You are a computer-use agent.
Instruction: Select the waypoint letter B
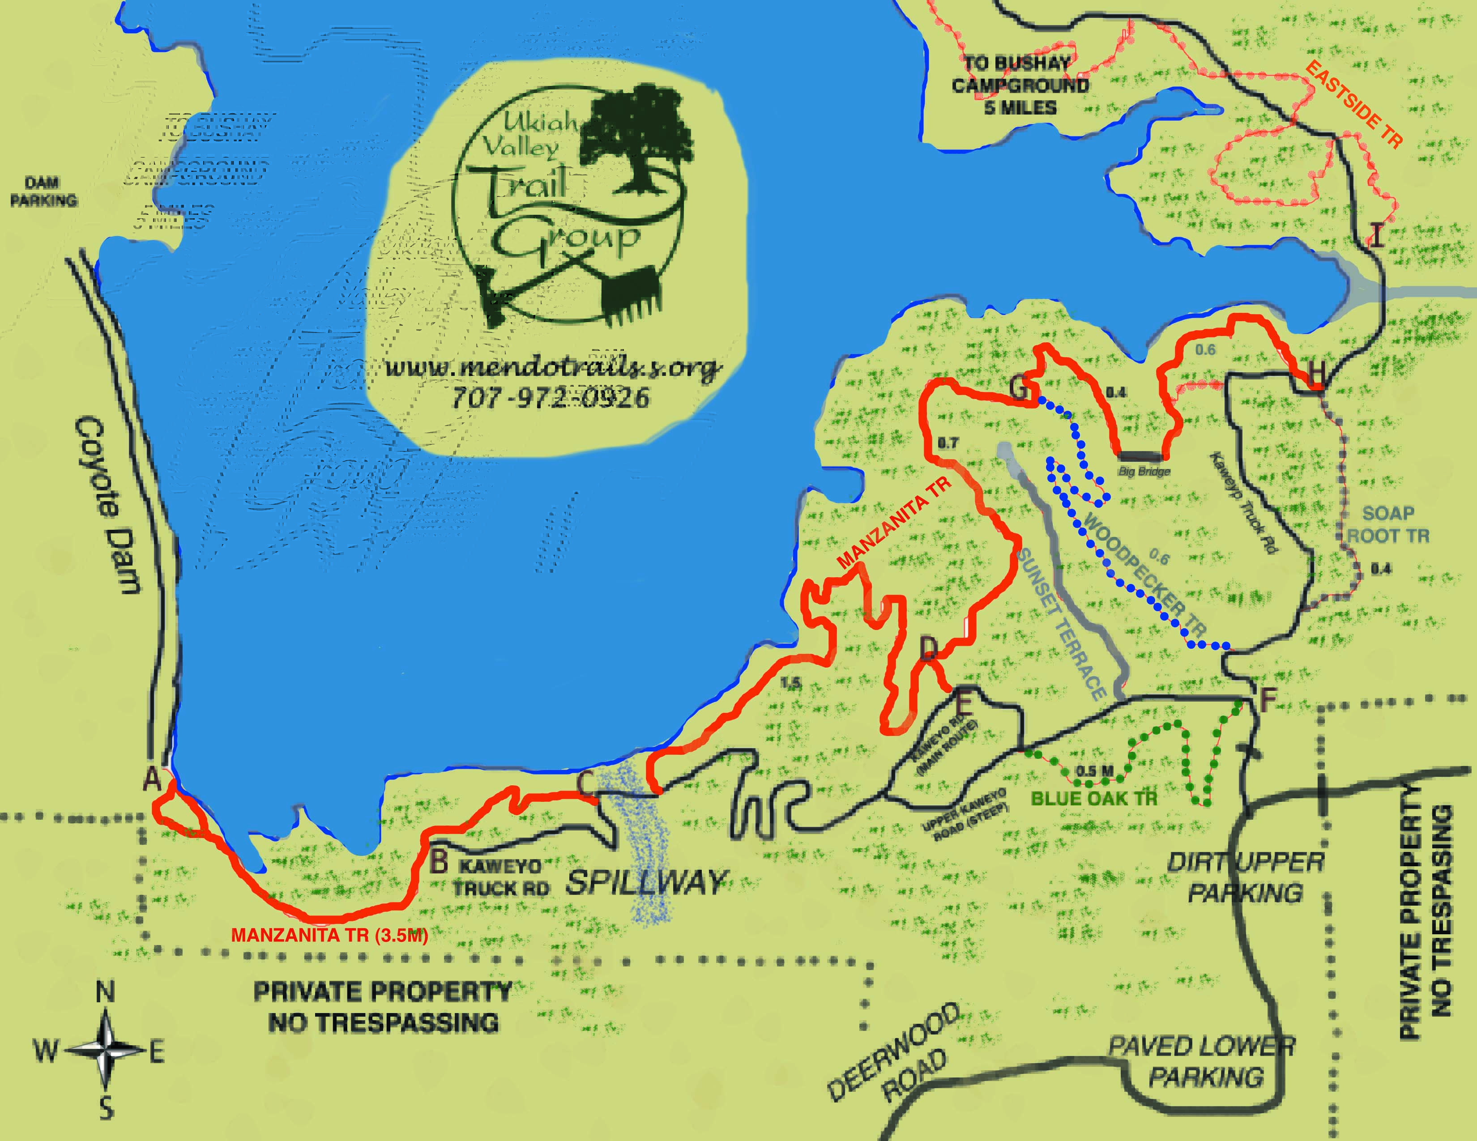(x=440, y=860)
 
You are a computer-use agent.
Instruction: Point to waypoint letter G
(x=1019, y=388)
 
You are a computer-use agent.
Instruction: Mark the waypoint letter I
(x=1375, y=235)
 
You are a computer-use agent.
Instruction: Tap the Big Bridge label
(x=1144, y=471)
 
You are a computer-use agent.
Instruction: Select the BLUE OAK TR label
(x=1093, y=798)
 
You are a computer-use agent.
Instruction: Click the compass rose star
(x=106, y=1050)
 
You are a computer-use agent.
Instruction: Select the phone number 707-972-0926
(x=551, y=397)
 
